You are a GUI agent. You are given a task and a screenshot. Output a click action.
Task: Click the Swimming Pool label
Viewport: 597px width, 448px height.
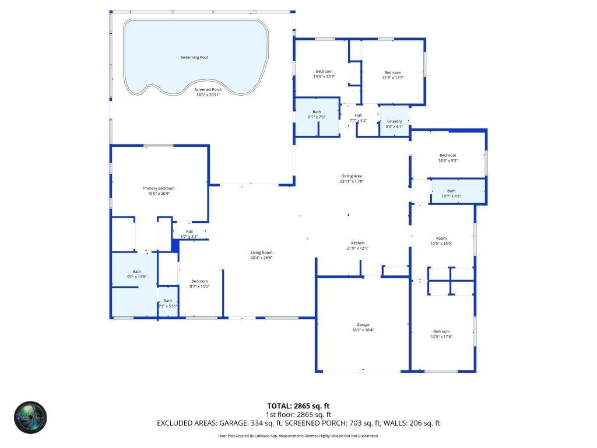pos(194,57)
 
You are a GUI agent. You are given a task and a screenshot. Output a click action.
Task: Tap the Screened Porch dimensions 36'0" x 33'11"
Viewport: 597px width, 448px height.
pos(208,95)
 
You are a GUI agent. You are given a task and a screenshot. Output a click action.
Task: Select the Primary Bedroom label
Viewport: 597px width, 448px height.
pos(159,188)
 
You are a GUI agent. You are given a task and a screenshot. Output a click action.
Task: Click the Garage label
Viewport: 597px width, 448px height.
pos(363,325)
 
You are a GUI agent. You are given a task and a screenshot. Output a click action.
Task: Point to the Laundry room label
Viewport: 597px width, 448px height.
pos(395,121)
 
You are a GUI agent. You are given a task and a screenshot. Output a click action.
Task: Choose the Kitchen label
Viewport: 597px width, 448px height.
pos(357,243)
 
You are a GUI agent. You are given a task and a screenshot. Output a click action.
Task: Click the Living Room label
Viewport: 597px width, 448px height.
pos(262,252)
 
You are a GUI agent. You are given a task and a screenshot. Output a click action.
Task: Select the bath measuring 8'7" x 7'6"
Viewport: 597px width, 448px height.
pos(317,114)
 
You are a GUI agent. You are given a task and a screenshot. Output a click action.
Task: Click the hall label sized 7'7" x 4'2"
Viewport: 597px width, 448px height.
pos(358,118)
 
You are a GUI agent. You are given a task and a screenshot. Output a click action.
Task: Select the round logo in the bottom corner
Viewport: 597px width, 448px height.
pos(30,418)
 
